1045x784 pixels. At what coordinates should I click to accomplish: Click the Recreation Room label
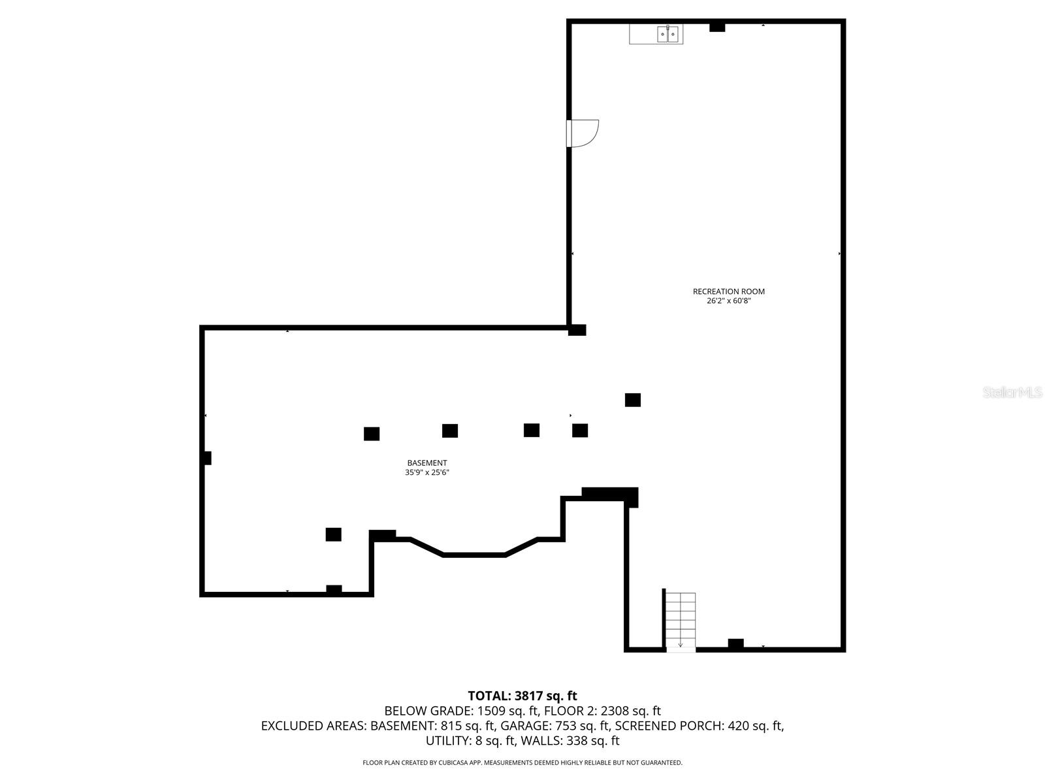pyautogui.click(x=728, y=291)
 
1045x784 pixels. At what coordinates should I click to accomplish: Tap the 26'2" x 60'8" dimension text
pyautogui.click(x=728, y=301)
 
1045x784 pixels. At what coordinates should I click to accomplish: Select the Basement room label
pyautogui.click(x=427, y=463)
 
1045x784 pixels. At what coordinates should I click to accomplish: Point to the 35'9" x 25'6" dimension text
pyautogui.click(x=427, y=472)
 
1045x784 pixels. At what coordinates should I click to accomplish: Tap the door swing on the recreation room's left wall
pyautogui.click(x=583, y=133)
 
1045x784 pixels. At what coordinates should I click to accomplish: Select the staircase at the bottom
pyautogui.click(x=681, y=621)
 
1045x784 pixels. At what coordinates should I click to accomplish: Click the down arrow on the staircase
pyautogui.click(x=681, y=644)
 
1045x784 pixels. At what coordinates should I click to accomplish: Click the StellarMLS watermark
pyautogui.click(x=1013, y=393)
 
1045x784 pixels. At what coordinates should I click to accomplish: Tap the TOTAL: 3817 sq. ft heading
pyautogui.click(x=522, y=696)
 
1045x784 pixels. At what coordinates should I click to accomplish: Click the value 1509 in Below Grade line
pyautogui.click(x=491, y=711)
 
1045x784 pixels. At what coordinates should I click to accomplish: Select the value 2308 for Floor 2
pyautogui.click(x=615, y=711)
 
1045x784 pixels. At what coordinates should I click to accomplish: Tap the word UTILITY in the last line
pyautogui.click(x=447, y=741)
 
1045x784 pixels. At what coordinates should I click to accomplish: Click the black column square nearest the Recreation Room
pyautogui.click(x=632, y=400)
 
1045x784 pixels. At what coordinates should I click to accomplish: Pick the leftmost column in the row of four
pyautogui.click(x=372, y=434)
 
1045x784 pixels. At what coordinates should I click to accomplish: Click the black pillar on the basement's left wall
pyautogui.click(x=207, y=458)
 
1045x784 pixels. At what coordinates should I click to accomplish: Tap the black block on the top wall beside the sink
pyautogui.click(x=717, y=27)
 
